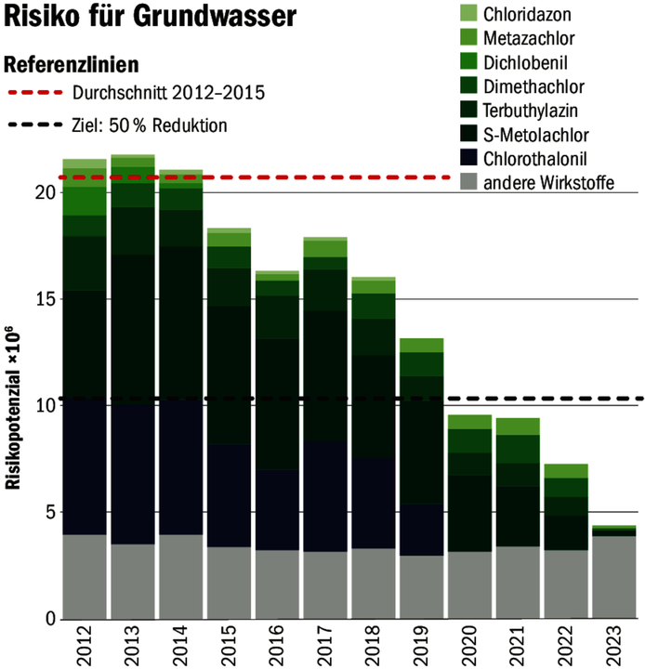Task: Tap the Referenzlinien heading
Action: (72, 65)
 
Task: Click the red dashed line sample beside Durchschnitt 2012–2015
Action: (38, 93)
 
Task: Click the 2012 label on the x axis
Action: (84, 642)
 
